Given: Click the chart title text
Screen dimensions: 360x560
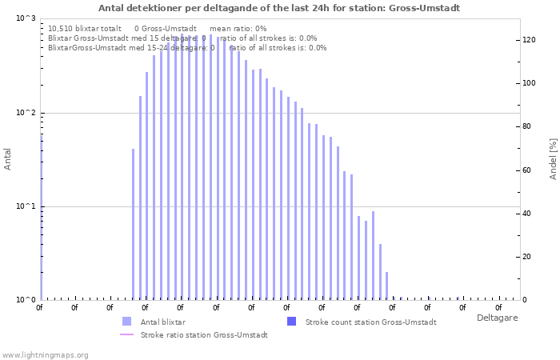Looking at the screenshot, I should click(x=279, y=8).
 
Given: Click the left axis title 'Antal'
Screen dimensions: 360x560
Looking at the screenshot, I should click(x=8, y=159).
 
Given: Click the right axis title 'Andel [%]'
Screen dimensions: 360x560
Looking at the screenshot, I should click(x=553, y=158).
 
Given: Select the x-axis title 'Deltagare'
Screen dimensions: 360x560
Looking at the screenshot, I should click(x=497, y=318).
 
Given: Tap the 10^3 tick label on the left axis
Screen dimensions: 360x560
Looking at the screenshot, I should click(x=26, y=18).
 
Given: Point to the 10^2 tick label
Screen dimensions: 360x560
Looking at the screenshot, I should click(x=26, y=113).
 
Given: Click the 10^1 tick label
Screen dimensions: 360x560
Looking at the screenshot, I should click(x=26, y=206).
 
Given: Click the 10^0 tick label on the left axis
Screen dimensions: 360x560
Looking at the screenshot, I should click(x=26, y=300).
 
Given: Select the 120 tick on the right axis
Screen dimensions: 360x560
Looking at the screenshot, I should click(x=529, y=40).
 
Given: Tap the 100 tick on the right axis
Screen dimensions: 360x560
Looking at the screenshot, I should click(x=529, y=83).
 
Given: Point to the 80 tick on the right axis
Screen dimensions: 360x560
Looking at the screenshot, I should click(x=526, y=126).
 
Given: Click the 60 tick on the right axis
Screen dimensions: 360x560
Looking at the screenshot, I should click(x=526, y=170).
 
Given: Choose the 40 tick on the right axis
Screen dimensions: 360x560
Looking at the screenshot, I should click(x=526, y=214).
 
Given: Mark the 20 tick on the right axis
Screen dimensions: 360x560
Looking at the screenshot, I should click(x=526, y=257).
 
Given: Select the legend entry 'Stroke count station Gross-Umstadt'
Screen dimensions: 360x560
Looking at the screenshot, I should click(x=370, y=322).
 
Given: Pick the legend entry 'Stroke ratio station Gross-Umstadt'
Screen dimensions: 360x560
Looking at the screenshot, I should click(x=204, y=334).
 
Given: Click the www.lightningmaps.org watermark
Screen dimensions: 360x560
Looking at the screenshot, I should click(x=45, y=354).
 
